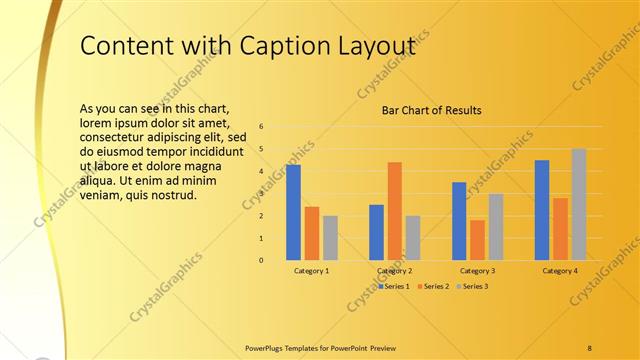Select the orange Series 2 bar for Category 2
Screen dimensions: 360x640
click(x=394, y=211)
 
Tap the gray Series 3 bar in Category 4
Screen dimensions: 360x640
click(x=579, y=205)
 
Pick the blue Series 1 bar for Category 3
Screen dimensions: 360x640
click(x=459, y=221)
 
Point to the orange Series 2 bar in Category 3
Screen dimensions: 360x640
click(x=477, y=240)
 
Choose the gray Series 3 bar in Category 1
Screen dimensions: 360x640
click(x=330, y=238)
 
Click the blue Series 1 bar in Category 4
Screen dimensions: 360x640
click(x=542, y=210)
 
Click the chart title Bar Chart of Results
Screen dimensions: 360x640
click(x=432, y=110)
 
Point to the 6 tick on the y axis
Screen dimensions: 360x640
click(x=260, y=127)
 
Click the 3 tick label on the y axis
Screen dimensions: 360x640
click(x=260, y=194)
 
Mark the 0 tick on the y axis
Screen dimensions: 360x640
click(x=260, y=260)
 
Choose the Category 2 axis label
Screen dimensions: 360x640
click(x=394, y=271)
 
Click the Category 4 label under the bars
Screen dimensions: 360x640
click(x=560, y=271)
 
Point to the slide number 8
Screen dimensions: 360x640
click(x=589, y=347)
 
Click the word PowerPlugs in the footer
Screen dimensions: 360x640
click(x=267, y=347)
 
